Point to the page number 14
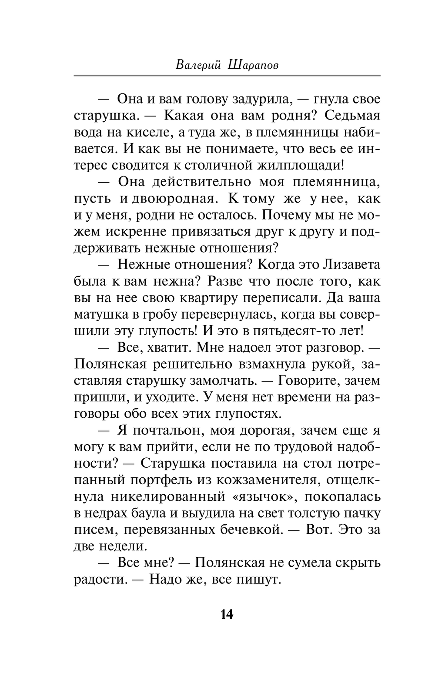point(227,614)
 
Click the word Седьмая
point(352,116)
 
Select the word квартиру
point(208,298)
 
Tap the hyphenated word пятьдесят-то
point(288,331)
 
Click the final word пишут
point(259,579)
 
